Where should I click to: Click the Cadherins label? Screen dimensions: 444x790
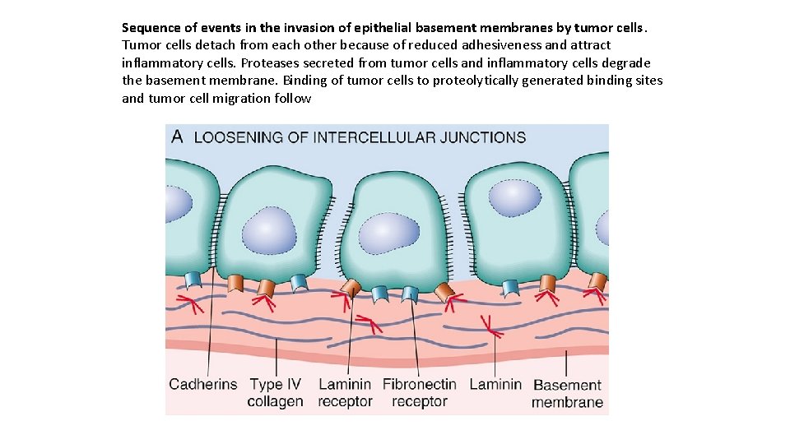point(202,384)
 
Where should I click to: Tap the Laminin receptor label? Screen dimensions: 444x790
point(345,393)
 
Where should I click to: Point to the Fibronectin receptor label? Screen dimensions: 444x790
point(419,393)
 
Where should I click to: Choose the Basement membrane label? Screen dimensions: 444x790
point(567,394)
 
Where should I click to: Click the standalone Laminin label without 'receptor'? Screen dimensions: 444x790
point(495,384)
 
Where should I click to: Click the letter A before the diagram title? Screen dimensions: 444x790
point(177,136)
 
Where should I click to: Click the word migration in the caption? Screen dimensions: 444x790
point(242,98)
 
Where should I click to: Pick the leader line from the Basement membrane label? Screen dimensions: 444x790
point(566,362)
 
